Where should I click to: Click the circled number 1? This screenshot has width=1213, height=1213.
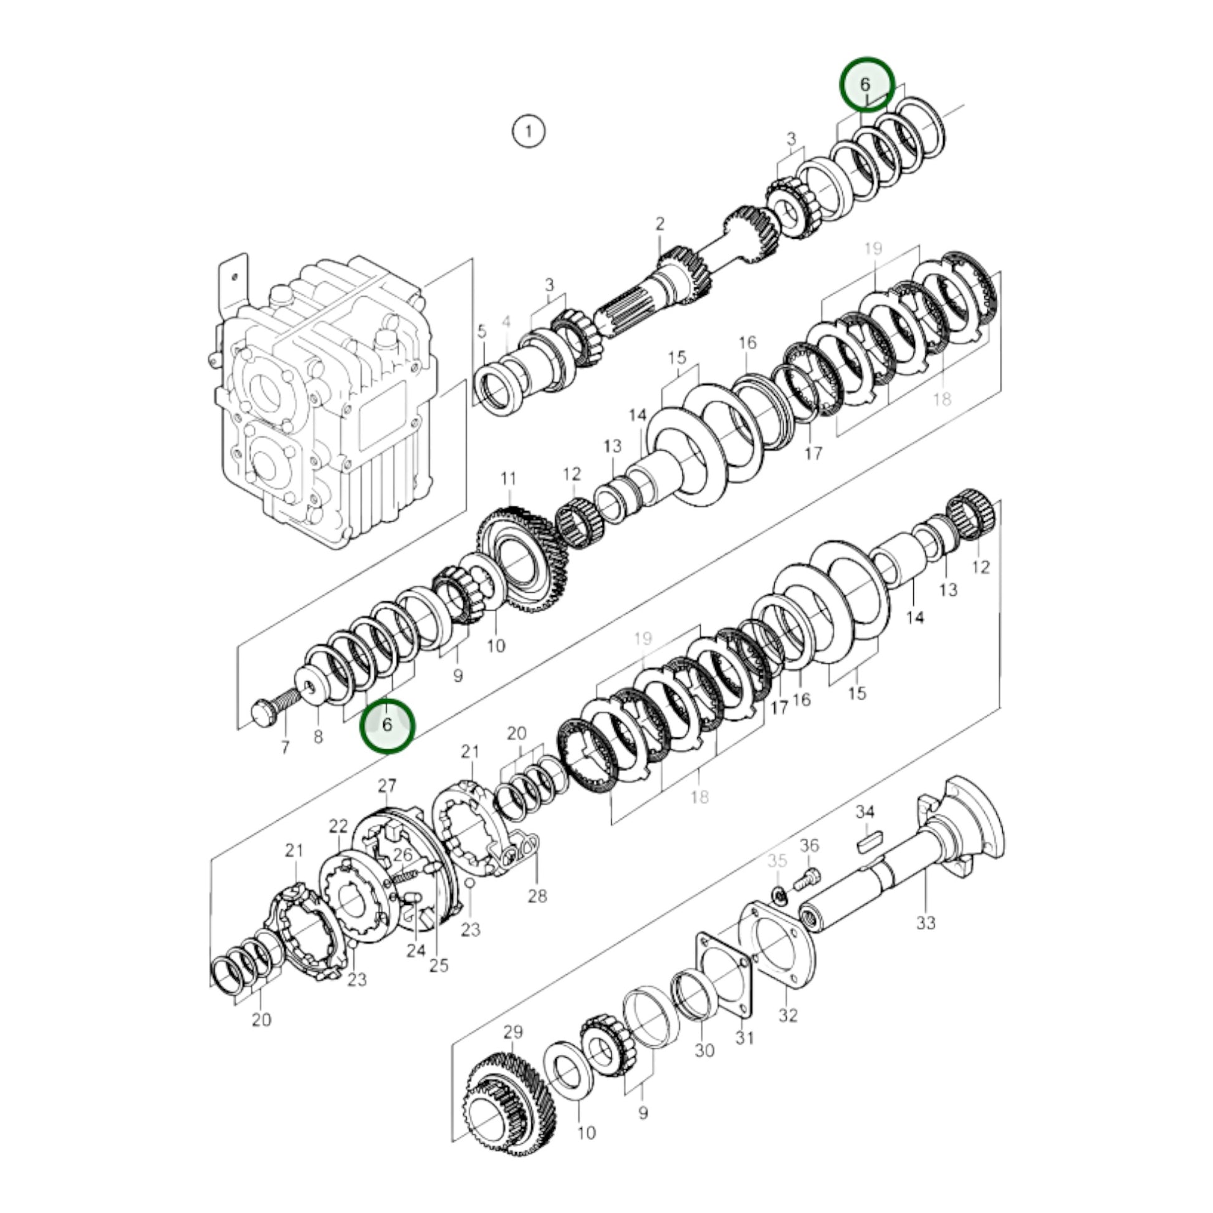coord(529,132)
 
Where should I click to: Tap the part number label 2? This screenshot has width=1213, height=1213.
coord(660,224)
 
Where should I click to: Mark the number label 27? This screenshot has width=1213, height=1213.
coord(387,785)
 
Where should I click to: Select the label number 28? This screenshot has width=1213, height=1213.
coord(537,896)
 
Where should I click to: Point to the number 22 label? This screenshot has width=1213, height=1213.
coord(338,826)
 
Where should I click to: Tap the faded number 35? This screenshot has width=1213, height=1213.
coord(777,860)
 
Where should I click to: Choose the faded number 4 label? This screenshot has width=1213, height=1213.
coord(507,322)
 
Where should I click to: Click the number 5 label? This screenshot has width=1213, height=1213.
coord(482,331)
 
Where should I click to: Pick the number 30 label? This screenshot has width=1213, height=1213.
coord(704,1050)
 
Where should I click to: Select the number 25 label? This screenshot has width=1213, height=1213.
coord(439,965)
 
